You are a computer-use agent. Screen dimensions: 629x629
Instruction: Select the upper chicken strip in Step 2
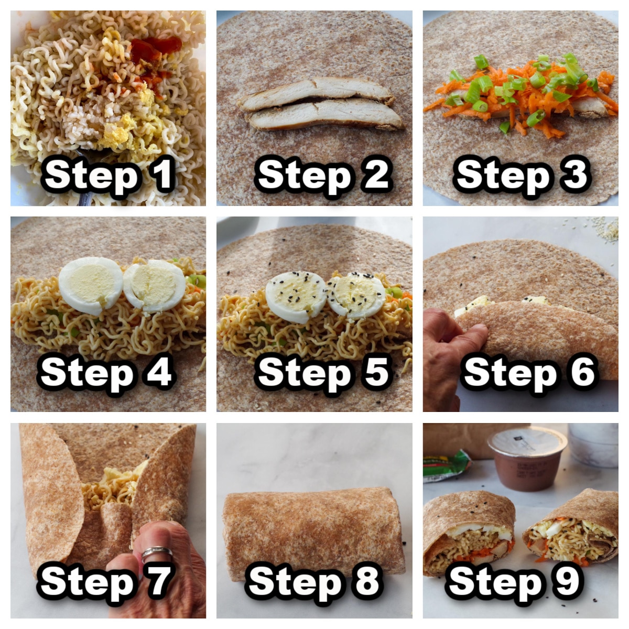(317, 90)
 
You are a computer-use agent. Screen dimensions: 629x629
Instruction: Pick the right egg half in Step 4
(154, 286)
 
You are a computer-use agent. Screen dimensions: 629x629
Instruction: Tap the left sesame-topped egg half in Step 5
(296, 297)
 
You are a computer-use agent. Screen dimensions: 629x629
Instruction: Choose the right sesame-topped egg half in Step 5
(356, 296)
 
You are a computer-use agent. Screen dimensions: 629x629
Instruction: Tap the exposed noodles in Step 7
(111, 490)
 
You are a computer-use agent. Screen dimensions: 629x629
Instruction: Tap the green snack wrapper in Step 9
(446, 465)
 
